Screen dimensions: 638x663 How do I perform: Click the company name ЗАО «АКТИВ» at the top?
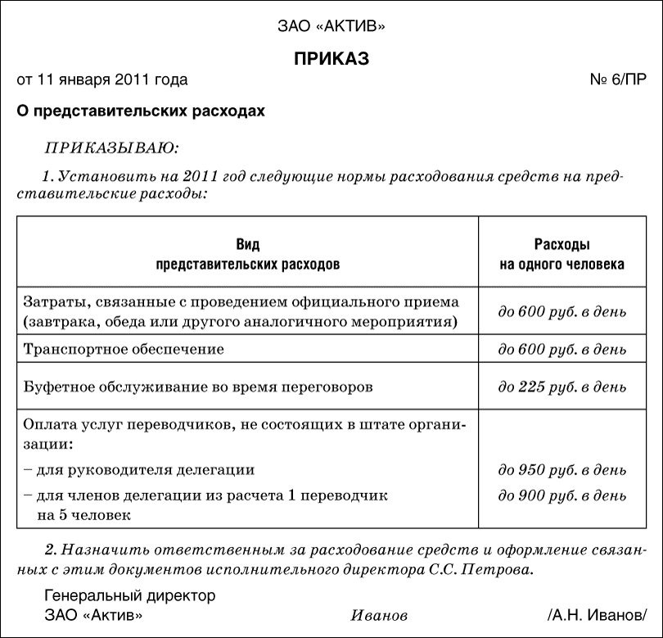click(331, 27)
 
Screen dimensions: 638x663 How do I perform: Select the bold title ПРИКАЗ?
click(331, 59)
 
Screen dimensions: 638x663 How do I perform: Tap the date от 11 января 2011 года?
click(102, 80)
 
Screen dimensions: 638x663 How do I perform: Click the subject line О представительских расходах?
click(141, 111)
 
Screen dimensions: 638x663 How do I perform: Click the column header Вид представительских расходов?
click(247, 255)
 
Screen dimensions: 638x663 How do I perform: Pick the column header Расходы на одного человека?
click(562, 255)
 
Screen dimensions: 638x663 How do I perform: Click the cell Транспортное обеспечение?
click(124, 349)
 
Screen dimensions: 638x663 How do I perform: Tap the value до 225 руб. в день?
click(562, 386)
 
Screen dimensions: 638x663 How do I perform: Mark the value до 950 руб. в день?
click(562, 471)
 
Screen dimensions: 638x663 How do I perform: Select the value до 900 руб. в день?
click(562, 496)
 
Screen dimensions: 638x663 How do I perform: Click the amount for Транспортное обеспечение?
click(562, 350)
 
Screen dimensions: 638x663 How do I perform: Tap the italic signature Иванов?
click(379, 615)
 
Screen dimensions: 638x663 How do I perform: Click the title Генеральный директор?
click(129, 596)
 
